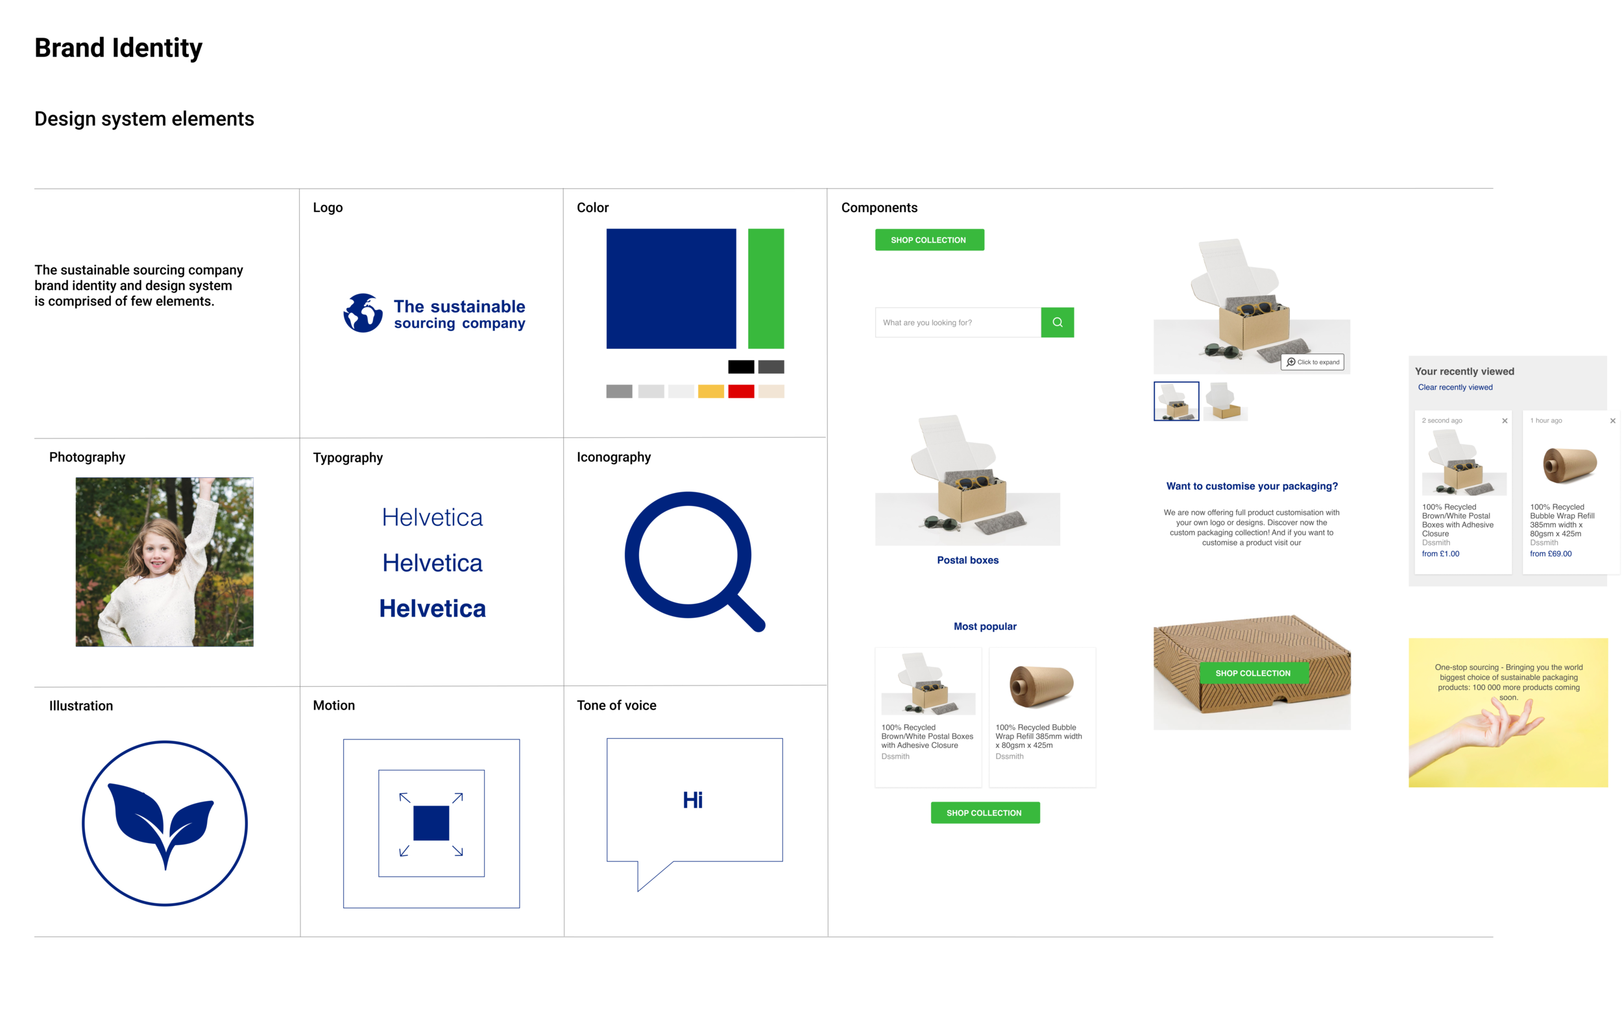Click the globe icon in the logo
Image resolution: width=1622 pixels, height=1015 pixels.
[x=363, y=313]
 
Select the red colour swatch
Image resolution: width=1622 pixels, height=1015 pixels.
[x=740, y=391]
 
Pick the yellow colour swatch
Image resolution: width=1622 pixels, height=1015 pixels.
[x=710, y=391]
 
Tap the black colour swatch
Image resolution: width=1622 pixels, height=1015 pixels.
[x=740, y=366]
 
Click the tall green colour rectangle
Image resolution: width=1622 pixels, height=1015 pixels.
[x=766, y=289]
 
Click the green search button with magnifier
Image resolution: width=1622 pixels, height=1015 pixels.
[x=1057, y=322]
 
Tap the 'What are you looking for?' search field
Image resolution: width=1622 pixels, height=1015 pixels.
[x=958, y=322]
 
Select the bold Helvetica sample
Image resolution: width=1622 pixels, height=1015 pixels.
[x=432, y=608]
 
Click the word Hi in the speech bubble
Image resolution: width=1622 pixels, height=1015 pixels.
[x=693, y=800]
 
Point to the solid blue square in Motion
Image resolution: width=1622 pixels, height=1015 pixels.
[x=431, y=823]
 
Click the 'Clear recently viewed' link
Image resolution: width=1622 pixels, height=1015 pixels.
[x=1455, y=387]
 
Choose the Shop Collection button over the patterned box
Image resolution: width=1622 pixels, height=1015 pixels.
[x=1253, y=673]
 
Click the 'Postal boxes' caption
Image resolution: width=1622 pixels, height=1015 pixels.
[x=967, y=560]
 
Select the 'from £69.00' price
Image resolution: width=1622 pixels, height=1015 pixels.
[x=1550, y=554]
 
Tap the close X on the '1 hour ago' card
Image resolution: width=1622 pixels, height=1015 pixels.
[x=1612, y=421]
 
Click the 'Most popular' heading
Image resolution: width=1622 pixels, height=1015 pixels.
[x=985, y=627]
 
